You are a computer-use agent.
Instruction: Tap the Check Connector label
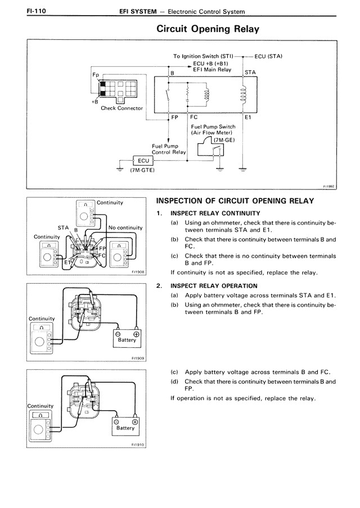click(121, 108)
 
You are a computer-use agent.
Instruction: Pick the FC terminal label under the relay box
click(194, 117)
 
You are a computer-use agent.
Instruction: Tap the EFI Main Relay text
click(212, 70)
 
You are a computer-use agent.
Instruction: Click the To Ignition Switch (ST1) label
click(203, 56)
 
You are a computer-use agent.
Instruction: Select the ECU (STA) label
click(268, 56)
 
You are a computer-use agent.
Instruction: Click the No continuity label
click(125, 228)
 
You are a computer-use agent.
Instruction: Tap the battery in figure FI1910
click(125, 426)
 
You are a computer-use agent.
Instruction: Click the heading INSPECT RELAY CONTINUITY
click(215, 213)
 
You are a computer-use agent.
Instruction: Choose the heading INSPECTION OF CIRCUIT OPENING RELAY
click(235, 201)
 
